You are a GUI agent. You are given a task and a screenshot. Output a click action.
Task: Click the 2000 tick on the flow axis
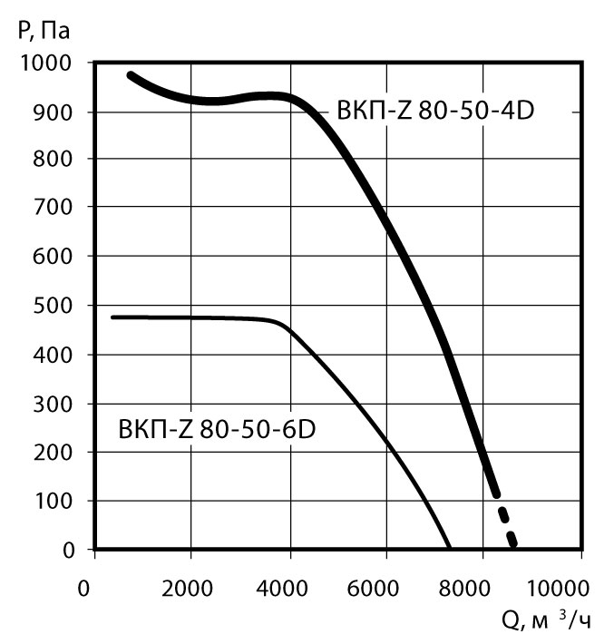click(x=190, y=587)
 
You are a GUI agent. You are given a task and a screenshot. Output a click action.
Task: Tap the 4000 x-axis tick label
click(x=288, y=587)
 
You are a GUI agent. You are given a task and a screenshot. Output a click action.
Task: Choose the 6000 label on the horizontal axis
click(x=385, y=587)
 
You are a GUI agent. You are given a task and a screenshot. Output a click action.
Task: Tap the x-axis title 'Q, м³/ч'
click(x=549, y=621)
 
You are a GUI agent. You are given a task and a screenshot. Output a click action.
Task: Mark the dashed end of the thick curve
click(x=508, y=529)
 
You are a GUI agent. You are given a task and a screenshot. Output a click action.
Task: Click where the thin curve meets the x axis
click(x=451, y=548)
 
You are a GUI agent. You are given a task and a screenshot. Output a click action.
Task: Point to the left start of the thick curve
click(x=131, y=75)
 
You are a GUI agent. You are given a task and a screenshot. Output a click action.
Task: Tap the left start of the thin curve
click(x=112, y=317)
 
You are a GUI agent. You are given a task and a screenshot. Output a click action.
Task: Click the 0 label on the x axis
click(x=84, y=587)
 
